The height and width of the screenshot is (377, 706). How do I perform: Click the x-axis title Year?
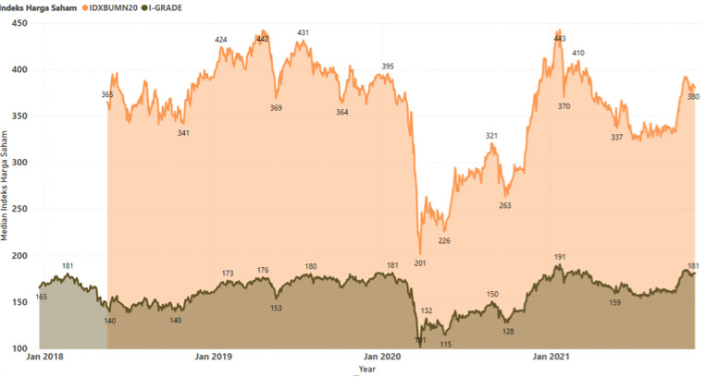click(x=367, y=369)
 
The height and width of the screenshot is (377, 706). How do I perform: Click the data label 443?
click(x=559, y=39)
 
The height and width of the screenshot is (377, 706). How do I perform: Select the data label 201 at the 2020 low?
click(x=420, y=263)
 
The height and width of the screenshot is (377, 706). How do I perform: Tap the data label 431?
click(x=303, y=33)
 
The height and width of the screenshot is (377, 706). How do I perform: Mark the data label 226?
click(x=444, y=240)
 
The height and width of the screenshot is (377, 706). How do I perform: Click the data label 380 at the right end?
click(x=693, y=97)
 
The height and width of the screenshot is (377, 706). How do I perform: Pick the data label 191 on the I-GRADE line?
click(x=559, y=257)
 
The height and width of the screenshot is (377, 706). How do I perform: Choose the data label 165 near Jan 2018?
click(x=42, y=297)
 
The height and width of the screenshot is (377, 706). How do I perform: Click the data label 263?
click(x=505, y=205)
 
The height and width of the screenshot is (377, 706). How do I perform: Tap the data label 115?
click(x=446, y=344)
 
